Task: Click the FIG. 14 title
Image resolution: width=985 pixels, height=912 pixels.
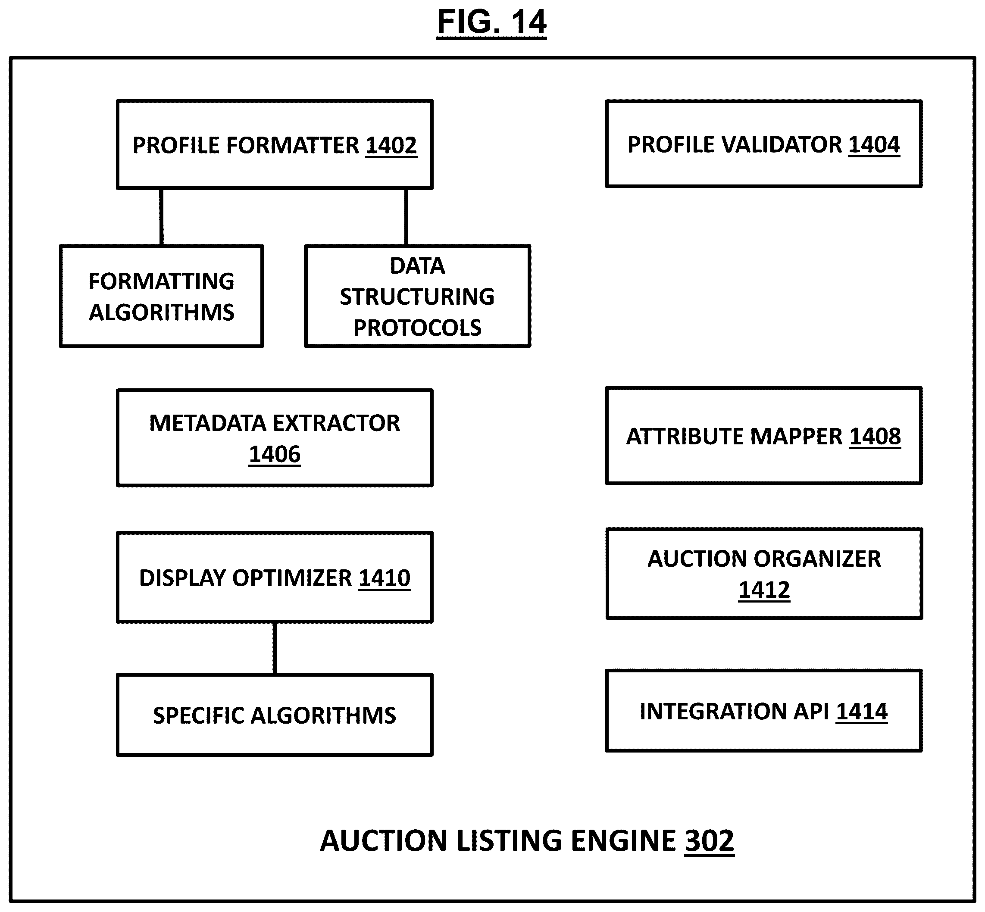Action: tap(491, 22)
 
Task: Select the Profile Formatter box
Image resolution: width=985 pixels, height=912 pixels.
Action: tap(275, 144)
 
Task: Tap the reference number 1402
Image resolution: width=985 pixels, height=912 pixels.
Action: tap(391, 146)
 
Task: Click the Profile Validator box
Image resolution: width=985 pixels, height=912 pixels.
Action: tap(763, 144)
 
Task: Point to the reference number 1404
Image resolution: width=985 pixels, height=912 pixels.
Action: tap(874, 144)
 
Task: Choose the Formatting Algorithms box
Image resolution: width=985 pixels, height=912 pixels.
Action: tap(161, 296)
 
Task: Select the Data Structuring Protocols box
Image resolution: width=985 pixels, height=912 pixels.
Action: tap(417, 296)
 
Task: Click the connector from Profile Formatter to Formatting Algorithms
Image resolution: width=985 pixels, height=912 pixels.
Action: tap(161, 217)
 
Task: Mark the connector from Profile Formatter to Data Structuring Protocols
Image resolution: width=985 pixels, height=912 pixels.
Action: tap(406, 217)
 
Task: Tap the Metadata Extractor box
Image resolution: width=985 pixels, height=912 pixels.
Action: tap(275, 438)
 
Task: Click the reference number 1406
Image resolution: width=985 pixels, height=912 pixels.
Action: tap(275, 454)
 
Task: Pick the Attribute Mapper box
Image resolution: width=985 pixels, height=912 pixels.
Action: tap(763, 436)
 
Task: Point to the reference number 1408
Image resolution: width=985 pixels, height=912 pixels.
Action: tap(875, 436)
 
